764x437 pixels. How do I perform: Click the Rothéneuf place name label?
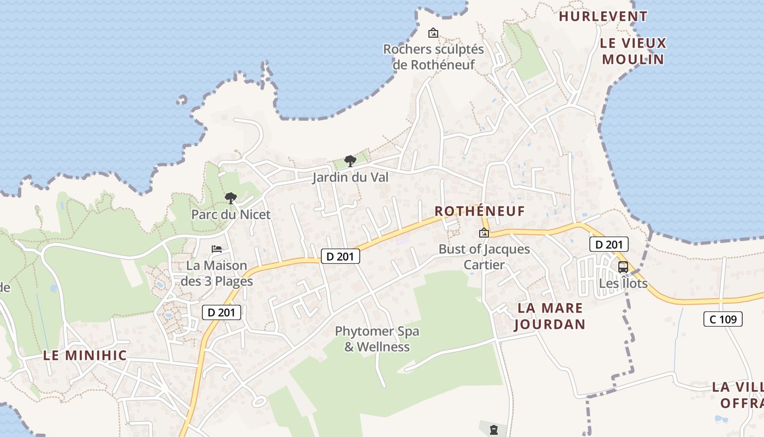tap(479, 211)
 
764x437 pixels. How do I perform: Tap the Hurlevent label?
tap(603, 16)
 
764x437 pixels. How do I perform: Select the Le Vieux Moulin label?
tap(634, 51)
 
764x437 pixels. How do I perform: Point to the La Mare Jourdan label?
tap(550, 316)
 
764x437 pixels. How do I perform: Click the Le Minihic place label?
tap(85, 356)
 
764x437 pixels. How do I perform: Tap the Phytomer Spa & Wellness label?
tap(377, 339)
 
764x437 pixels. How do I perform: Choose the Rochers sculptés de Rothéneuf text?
tap(433, 57)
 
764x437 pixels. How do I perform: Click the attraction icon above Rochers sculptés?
tap(433, 33)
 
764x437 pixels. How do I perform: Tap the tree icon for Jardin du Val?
tap(350, 161)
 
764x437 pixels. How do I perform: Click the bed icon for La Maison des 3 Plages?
tap(217, 249)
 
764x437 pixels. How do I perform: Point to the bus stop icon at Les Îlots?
tap(623, 267)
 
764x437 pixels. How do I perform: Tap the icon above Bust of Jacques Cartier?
tap(484, 233)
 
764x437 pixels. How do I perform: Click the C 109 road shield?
tap(723, 319)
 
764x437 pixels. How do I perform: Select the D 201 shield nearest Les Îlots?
tap(609, 244)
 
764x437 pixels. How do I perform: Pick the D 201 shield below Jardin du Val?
tap(340, 256)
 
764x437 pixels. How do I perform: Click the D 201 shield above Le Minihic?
tap(222, 312)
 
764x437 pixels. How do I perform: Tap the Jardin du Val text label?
tap(350, 178)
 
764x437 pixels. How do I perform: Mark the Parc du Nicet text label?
tap(231, 215)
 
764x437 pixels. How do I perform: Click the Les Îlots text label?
tap(623, 284)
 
